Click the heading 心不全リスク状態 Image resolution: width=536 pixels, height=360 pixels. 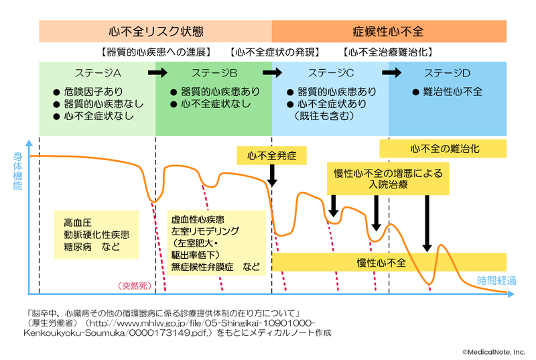(x=155, y=32)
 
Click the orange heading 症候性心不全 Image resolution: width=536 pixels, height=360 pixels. (x=389, y=32)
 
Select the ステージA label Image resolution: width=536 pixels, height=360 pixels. (x=96, y=72)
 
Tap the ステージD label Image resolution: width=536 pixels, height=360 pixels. (x=447, y=72)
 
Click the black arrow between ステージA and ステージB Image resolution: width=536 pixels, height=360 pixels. (x=159, y=72)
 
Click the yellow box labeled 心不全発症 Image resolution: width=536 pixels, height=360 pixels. (x=271, y=156)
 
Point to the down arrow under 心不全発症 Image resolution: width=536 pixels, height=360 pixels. (x=271, y=176)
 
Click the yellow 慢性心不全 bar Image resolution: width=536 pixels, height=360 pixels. (x=381, y=262)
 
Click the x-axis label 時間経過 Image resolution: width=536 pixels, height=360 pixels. (x=496, y=281)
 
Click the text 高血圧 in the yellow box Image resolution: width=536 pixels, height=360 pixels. (x=74, y=222)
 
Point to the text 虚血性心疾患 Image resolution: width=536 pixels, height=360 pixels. (x=198, y=219)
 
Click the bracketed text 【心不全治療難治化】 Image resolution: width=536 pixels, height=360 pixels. (x=387, y=52)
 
